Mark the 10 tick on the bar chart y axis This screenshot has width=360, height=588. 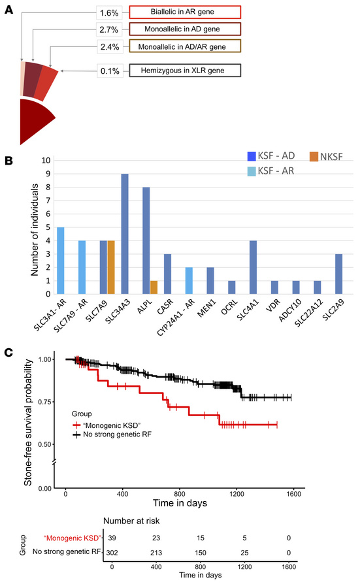[45, 160]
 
